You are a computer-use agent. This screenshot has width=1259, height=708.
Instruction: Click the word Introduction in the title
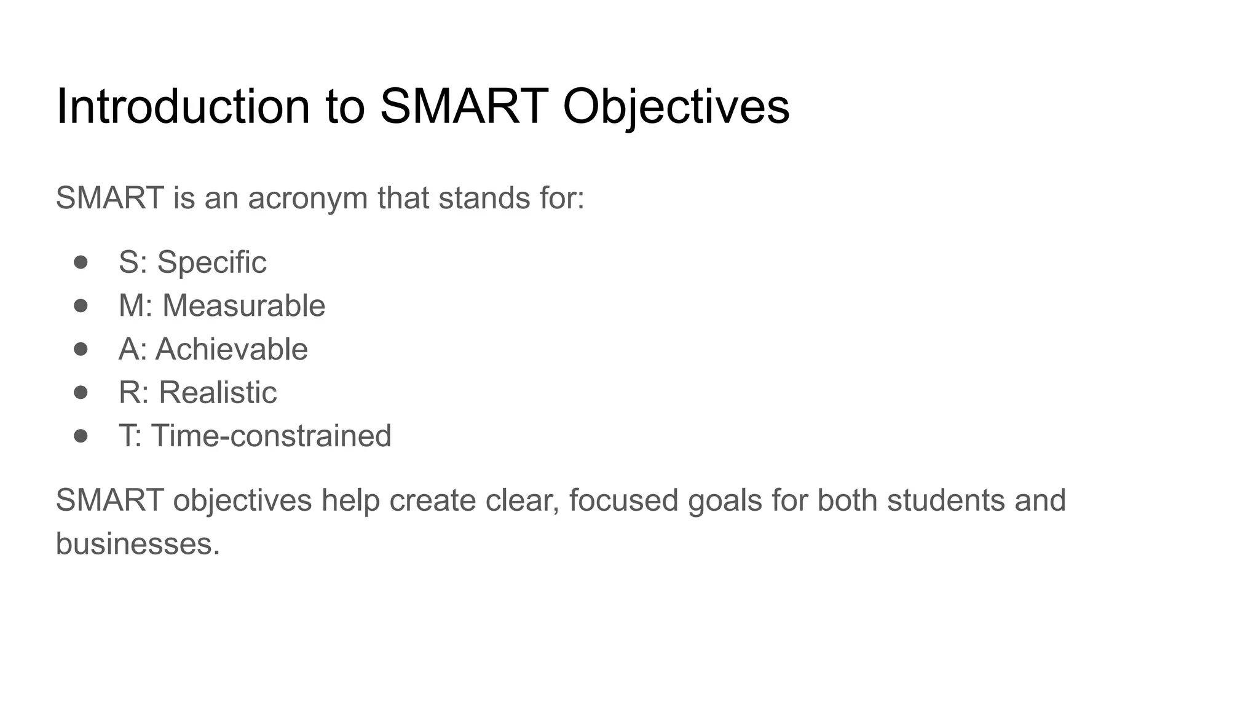pos(183,106)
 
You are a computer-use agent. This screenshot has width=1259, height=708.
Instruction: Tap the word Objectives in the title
pos(676,106)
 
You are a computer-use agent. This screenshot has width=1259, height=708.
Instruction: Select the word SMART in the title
pos(464,106)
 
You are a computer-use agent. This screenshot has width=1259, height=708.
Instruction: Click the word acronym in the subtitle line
pos(307,199)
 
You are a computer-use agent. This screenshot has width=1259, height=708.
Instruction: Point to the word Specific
pos(211,262)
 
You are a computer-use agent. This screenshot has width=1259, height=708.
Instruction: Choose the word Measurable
pos(243,305)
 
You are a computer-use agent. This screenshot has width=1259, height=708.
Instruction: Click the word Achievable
pos(231,349)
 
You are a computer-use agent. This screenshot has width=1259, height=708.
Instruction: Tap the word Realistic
pos(218,392)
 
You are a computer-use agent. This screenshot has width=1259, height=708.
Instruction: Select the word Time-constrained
pos(271,436)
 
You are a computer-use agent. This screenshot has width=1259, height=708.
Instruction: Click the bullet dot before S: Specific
pos(81,262)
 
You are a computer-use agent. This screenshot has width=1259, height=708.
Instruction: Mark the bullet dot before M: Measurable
pos(81,305)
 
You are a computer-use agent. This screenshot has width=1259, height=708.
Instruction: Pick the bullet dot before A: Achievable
pos(81,349)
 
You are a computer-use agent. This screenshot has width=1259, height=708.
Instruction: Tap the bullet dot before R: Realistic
pos(81,392)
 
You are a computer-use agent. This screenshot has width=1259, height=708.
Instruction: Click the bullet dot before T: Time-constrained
pos(81,436)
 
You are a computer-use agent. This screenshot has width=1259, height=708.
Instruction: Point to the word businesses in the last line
pos(137,544)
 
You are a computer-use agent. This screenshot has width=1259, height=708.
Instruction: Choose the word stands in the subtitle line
pos(484,199)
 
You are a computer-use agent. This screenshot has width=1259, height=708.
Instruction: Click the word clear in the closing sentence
pos(522,500)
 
